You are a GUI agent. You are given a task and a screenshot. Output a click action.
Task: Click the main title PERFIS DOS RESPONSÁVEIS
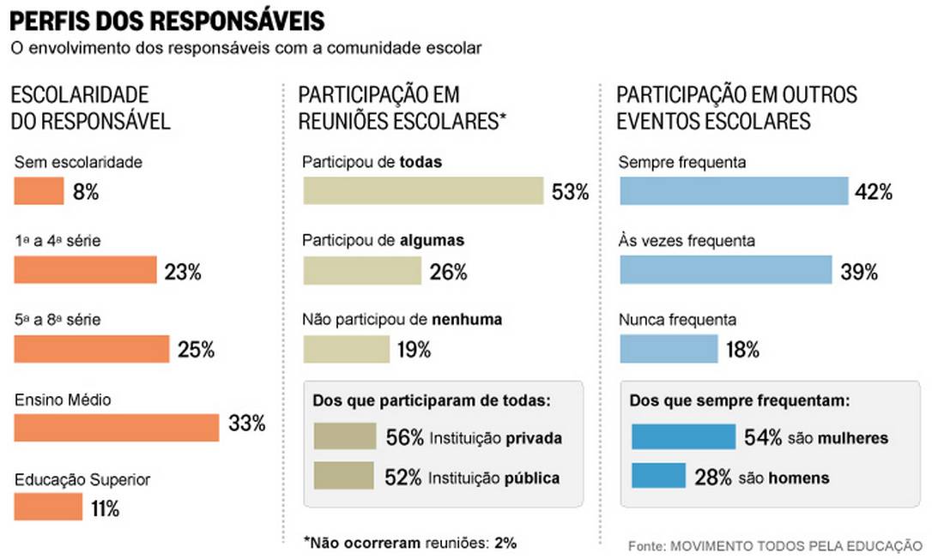pyautogui.click(x=167, y=19)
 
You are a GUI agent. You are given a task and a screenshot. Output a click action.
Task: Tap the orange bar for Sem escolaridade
pyautogui.click(x=39, y=191)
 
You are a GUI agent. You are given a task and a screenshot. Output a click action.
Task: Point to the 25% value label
pyautogui.click(x=196, y=350)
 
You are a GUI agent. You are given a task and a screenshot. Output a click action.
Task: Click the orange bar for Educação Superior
pyautogui.click(x=47, y=507)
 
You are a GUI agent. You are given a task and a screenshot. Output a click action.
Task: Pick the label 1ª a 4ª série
pyautogui.click(x=57, y=241)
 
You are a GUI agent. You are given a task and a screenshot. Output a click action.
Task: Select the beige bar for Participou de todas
pyautogui.click(x=423, y=191)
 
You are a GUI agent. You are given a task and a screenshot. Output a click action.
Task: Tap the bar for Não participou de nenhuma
pyautogui.click(x=346, y=349)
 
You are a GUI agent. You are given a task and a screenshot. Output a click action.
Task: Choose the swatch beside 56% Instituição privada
pyautogui.click(x=343, y=436)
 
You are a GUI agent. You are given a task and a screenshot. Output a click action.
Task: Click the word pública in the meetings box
pyautogui.click(x=531, y=478)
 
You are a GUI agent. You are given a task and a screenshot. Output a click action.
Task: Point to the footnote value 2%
pyautogui.click(x=505, y=543)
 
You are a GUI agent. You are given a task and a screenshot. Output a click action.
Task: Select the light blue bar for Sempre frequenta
pyautogui.click(x=734, y=191)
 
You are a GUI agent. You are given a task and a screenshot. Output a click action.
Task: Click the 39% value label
pyautogui.click(x=859, y=273)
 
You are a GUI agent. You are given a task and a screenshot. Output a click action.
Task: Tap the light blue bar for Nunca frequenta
pyautogui.click(x=669, y=349)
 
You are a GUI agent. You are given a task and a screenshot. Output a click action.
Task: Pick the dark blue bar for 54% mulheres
pyautogui.click(x=684, y=436)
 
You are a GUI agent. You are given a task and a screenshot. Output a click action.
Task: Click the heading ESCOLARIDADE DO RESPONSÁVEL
pyautogui.click(x=90, y=108)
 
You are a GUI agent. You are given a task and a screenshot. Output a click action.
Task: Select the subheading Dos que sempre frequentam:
pyautogui.click(x=739, y=400)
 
